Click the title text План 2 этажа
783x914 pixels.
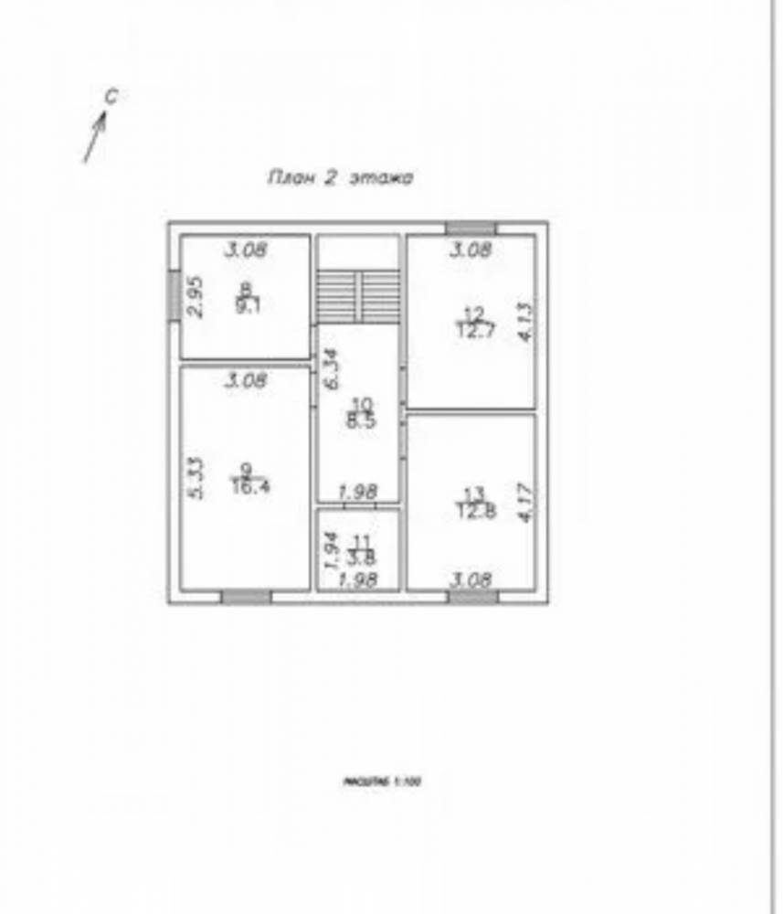339,178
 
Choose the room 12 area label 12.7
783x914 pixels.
472,329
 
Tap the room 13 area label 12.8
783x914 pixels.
473,511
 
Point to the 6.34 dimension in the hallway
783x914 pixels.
333,370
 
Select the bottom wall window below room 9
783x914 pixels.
247,597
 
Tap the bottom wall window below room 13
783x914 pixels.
473,597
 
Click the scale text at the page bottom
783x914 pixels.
380,782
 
